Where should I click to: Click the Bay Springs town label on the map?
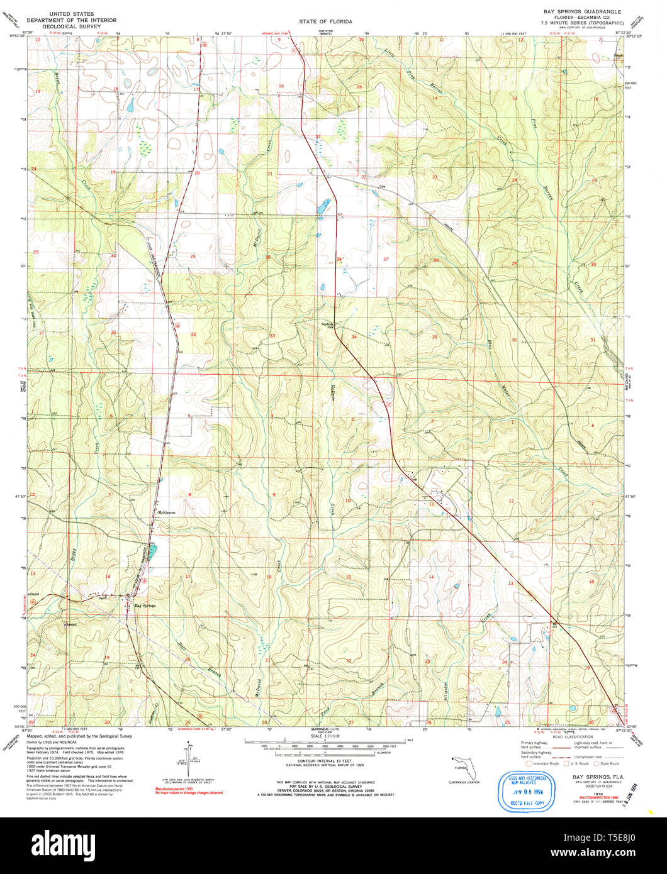145,606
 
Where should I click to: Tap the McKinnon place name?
167,512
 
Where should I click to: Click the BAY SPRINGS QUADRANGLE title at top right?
582,12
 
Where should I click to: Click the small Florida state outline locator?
460,767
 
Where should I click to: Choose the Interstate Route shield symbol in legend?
529,763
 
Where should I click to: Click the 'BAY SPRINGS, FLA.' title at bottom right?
595,777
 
